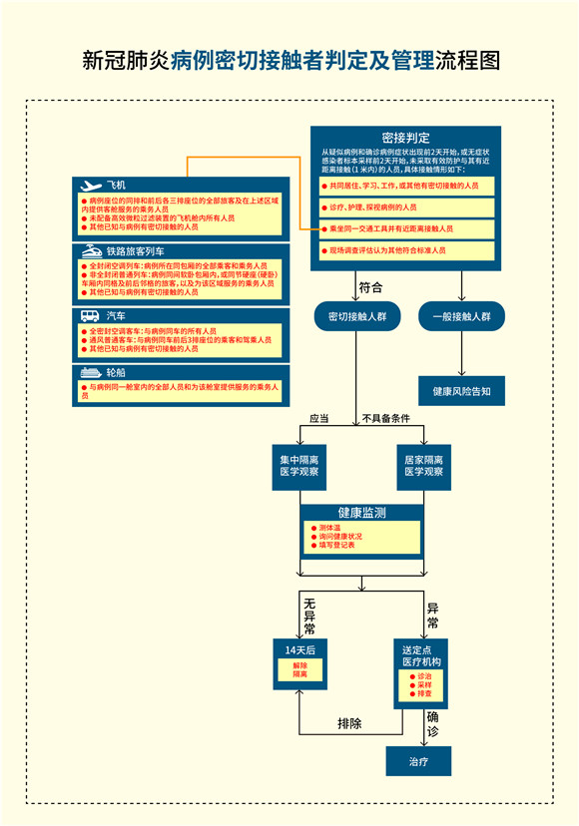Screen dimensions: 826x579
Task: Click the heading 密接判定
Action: coord(405,137)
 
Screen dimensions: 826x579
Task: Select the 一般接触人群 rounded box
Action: coord(461,316)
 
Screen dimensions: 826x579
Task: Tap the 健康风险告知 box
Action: coord(461,391)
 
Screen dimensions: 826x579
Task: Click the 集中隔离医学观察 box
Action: coord(299,465)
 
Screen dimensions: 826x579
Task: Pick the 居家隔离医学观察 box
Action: coord(424,465)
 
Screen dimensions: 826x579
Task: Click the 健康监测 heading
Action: coord(362,512)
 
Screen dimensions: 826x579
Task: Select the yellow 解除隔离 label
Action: coord(300,670)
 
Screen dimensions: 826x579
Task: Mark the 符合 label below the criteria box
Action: coord(370,287)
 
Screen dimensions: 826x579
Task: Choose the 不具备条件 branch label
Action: coord(385,418)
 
